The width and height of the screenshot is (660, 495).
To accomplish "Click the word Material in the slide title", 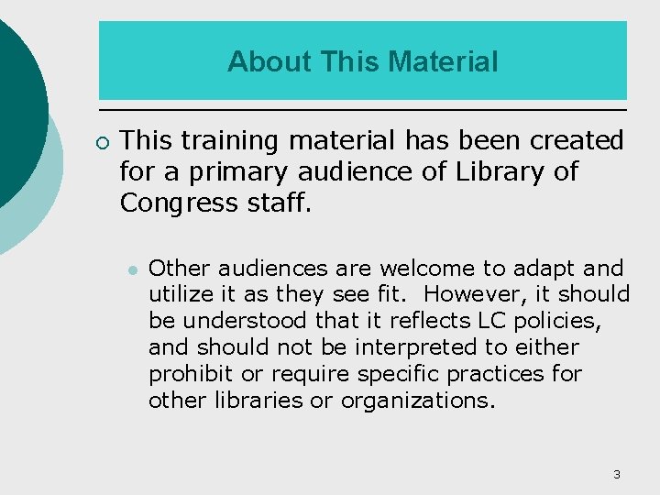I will tap(444, 61).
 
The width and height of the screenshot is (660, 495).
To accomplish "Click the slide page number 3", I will tap(616, 474).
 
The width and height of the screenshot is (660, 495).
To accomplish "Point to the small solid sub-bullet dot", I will tap(134, 269).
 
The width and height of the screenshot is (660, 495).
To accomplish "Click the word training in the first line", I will tap(229, 141).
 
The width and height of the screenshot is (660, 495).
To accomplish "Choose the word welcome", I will tap(429, 269).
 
